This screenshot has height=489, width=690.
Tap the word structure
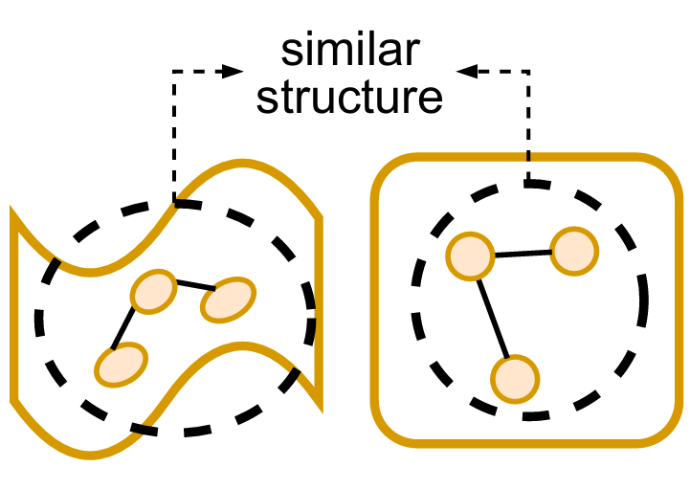point(350,97)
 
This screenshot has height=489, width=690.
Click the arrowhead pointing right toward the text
point(231,70)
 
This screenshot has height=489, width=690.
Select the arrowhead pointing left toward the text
point(468,70)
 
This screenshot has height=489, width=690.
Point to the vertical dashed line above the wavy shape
point(172,134)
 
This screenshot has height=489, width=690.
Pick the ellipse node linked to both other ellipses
point(154,292)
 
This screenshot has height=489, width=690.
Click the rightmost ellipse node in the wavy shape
point(228,300)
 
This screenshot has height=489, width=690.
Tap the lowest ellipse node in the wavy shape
point(122,364)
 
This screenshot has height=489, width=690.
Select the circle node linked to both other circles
point(471,256)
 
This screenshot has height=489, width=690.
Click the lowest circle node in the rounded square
point(515,377)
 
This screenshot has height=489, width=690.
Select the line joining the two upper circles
point(523,254)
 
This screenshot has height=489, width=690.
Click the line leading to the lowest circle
point(493,317)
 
